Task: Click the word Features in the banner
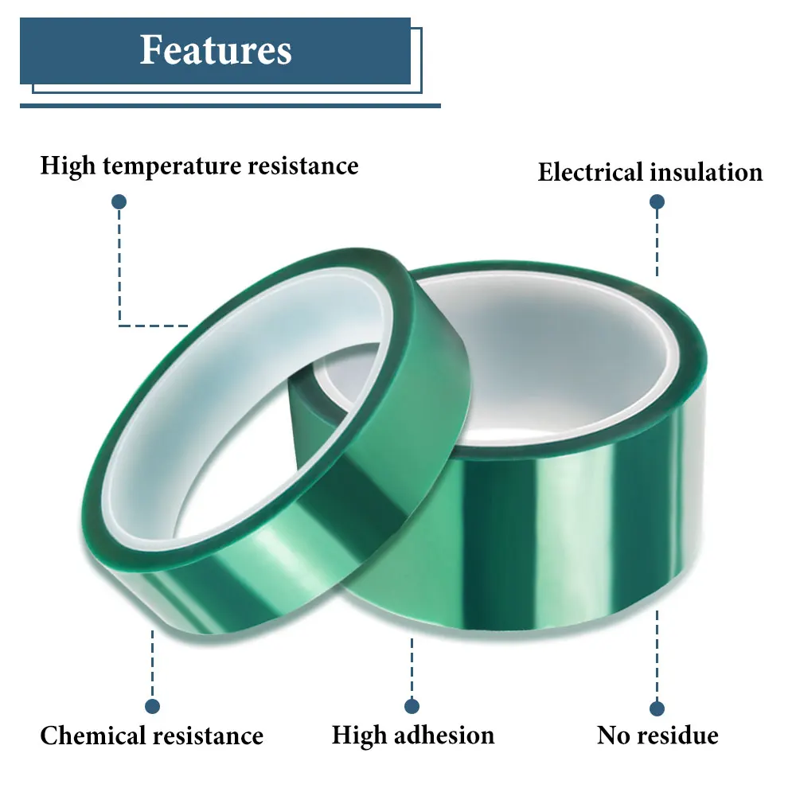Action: tap(216, 50)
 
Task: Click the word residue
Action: tap(677, 735)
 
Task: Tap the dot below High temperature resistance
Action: tap(119, 202)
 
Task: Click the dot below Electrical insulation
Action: tap(657, 202)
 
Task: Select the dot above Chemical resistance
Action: tap(152, 706)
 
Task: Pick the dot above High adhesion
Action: tap(412, 706)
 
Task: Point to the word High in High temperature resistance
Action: tap(67, 166)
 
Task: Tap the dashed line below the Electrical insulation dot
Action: tap(657, 243)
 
